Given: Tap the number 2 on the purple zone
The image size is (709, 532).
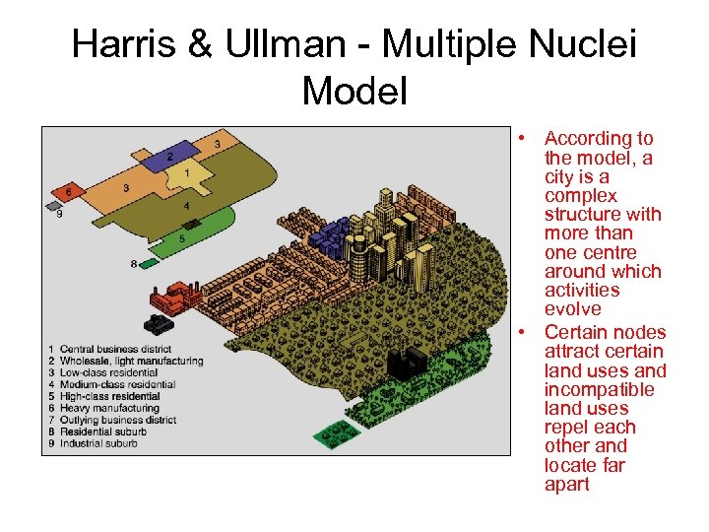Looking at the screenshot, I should [x=170, y=157].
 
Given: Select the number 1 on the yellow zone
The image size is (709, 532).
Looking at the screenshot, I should [x=187, y=174].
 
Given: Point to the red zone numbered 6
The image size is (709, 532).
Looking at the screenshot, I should [x=67, y=190].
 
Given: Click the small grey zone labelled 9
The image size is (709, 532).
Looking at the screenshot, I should [x=53, y=207].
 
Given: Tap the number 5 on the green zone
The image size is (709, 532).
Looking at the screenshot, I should [x=182, y=237].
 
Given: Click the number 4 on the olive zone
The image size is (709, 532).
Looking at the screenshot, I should [x=187, y=207].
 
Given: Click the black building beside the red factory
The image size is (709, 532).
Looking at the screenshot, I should [x=158, y=323].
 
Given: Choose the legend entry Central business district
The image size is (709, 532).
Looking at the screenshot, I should [x=114, y=350].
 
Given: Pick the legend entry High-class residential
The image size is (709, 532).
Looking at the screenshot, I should [x=109, y=396].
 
